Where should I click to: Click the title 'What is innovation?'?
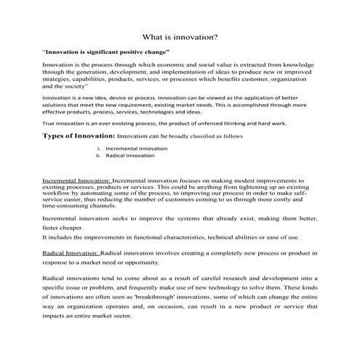click(180, 36)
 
